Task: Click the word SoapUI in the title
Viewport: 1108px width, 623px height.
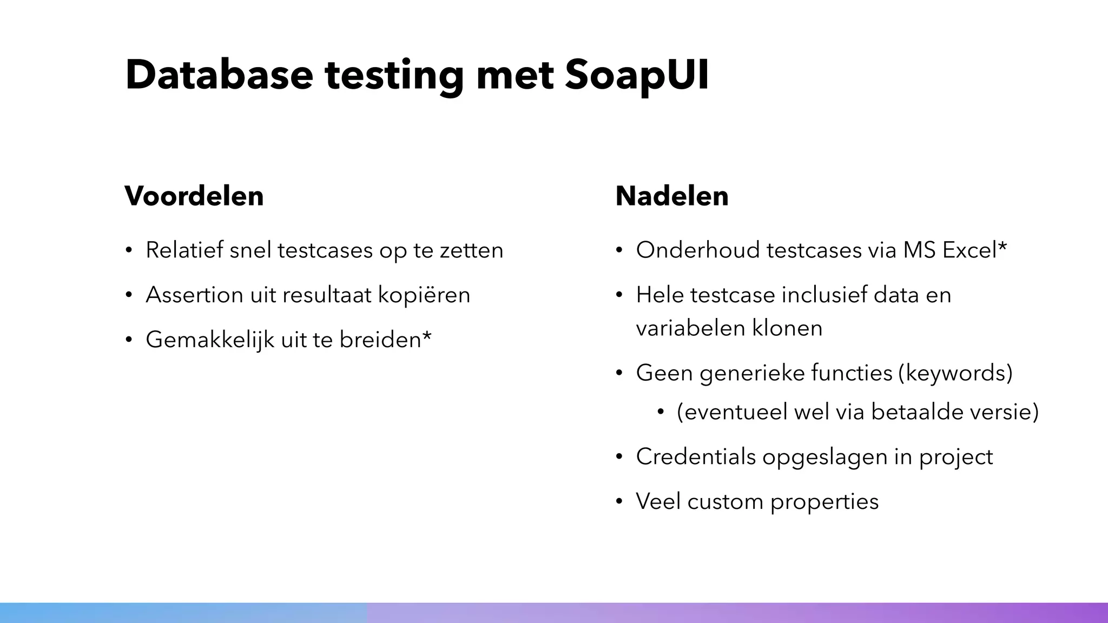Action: pyautogui.click(x=637, y=75)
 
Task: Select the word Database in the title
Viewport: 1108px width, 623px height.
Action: pyautogui.click(x=219, y=75)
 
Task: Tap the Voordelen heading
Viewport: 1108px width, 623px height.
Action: pyautogui.click(x=194, y=196)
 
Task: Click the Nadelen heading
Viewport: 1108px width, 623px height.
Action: pyautogui.click(x=672, y=196)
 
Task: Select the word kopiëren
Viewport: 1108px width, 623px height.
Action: pyautogui.click(x=424, y=295)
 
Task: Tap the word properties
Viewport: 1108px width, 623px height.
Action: pyautogui.click(x=825, y=502)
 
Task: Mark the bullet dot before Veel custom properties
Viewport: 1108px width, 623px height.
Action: pyautogui.click(x=620, y=502)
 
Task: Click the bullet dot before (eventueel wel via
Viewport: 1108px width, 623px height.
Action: pyautogui.click(x=661, y=413)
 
